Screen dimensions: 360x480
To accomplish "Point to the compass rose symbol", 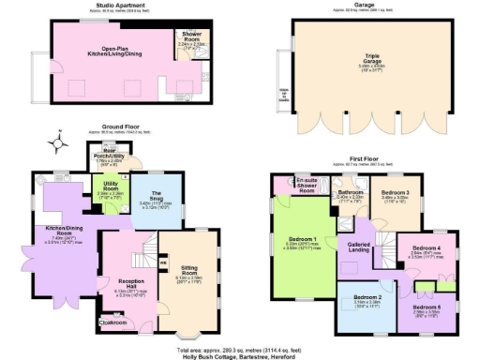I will click(61, 143).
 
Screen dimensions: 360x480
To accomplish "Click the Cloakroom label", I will click(115, 325).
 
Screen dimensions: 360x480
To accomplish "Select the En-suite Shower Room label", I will click(306, 182).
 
